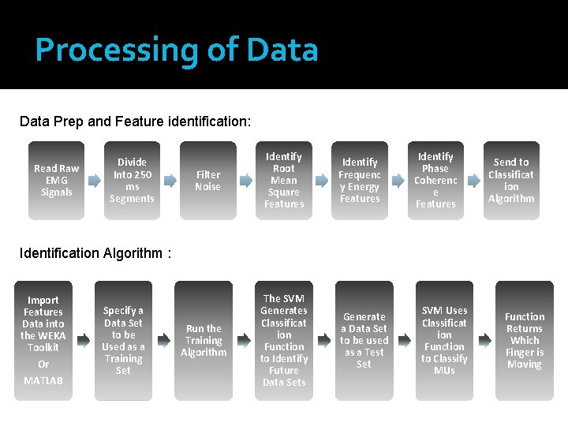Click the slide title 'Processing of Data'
pos(177,50)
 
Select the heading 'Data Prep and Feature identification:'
pos(135,121)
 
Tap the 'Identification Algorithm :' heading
pos(95,253)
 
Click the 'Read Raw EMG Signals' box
pos(56,181)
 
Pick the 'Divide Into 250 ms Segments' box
pos(132,181)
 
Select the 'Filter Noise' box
pos(207,181)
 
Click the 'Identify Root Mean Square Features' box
pos(283,181)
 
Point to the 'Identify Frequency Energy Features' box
pos(360,181)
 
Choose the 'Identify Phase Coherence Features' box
pos(435,181)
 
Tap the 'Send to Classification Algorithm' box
pos(511,181)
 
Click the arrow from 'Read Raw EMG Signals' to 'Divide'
pos(94,181)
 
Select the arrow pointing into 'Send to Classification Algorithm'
pos(473,181)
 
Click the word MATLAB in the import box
pos(43,381)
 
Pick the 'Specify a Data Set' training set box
pos(123,341)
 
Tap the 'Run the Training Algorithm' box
pos(204,341)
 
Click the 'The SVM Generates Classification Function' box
pos(284,341)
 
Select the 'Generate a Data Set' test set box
pos(364,341)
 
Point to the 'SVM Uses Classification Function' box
pos(444,341)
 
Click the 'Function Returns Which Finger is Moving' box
pos(525,341)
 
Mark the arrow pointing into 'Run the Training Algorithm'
pos(163,341)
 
